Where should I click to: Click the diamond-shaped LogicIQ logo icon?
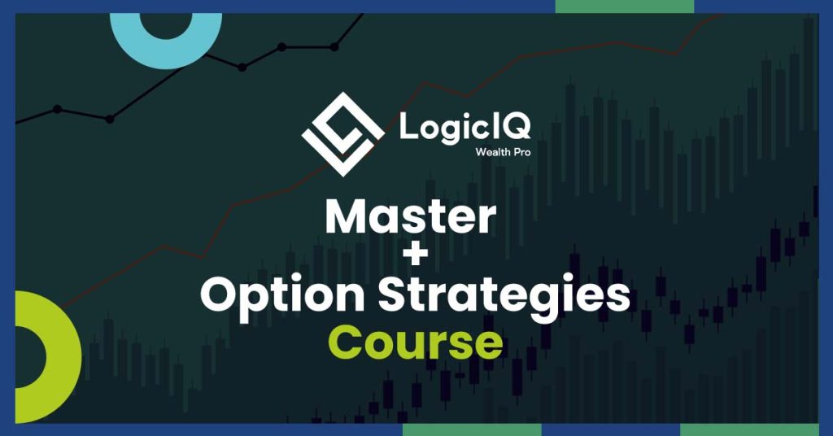342,134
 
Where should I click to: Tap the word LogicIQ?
464,128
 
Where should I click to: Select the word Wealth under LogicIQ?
489,152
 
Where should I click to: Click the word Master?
411,216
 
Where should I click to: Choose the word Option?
282,297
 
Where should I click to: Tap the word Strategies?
504,297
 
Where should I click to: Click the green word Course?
416,342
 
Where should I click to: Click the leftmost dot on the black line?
58,109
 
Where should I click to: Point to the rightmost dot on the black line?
334,46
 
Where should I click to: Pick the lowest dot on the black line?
110,119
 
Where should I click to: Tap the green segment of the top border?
624,7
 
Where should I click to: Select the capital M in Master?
347,216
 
